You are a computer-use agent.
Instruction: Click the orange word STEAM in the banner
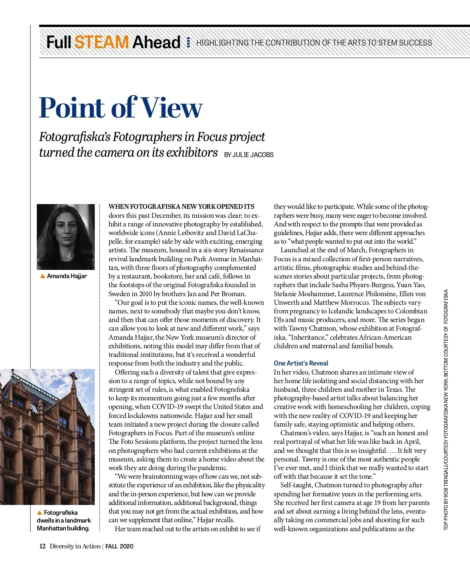(101, 42)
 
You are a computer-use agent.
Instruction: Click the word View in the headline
(172, 107)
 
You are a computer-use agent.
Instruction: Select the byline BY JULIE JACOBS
(249, 155)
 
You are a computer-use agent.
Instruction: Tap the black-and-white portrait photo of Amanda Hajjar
(66, 237)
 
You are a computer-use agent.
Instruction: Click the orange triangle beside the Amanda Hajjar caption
(43, 276)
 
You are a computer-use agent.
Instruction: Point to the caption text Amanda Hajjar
(67, 276)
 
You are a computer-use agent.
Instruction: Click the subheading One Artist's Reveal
(301, 363)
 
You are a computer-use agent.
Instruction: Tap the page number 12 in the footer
(42, 546)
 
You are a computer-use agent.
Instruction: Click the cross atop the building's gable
(73, 377)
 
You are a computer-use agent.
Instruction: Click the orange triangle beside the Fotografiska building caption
(39, 512)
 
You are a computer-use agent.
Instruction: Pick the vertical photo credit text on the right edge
(446, 409)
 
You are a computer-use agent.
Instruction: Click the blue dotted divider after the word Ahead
(188, 42)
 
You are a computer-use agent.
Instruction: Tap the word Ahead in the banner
(156, 42)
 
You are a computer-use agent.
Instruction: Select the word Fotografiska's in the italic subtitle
(75, 137)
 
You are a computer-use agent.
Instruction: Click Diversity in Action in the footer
(75, 546)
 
